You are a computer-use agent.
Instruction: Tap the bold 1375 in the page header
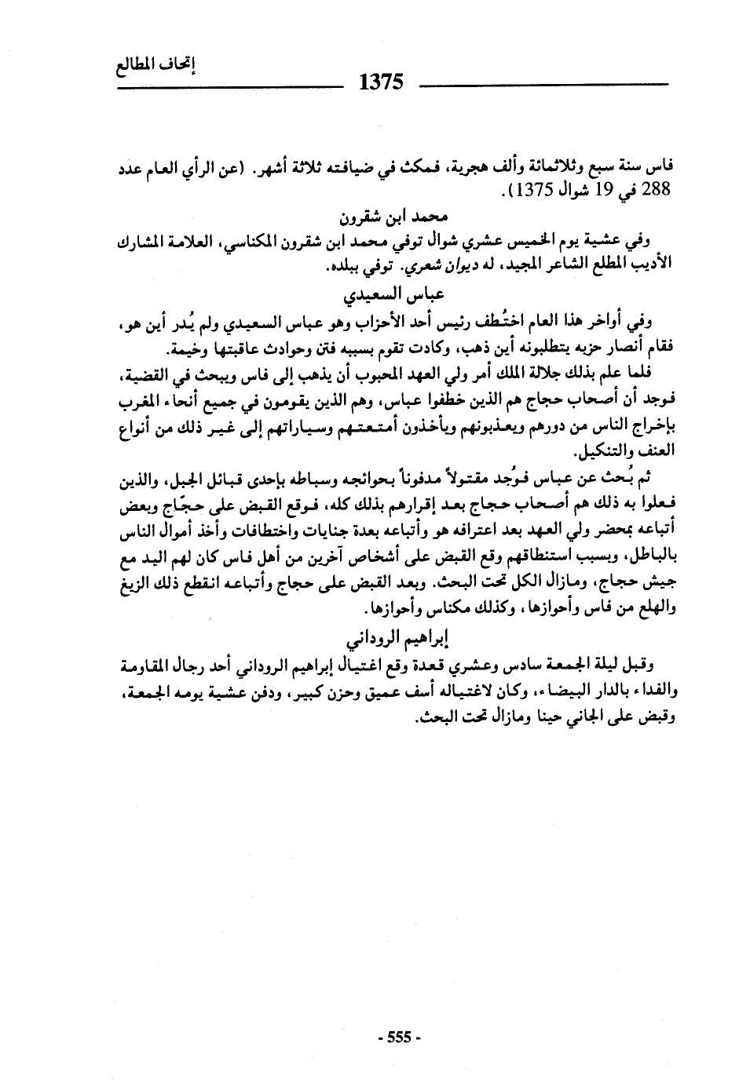(x=380, y=81)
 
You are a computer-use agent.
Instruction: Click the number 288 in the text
(x=653, y=190)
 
